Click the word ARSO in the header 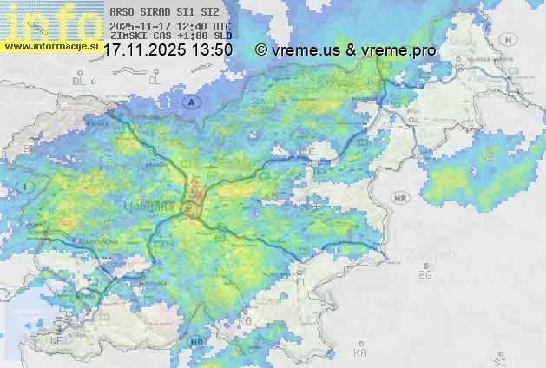(x=122, y=12)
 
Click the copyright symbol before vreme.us (x=260, y=50)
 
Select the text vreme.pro (x=401, y=50)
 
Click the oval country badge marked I (x=28, y=187)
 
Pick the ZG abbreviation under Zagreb (x=424, y=274)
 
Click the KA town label (x=360, y=353)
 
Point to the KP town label (x=57, y=341)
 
